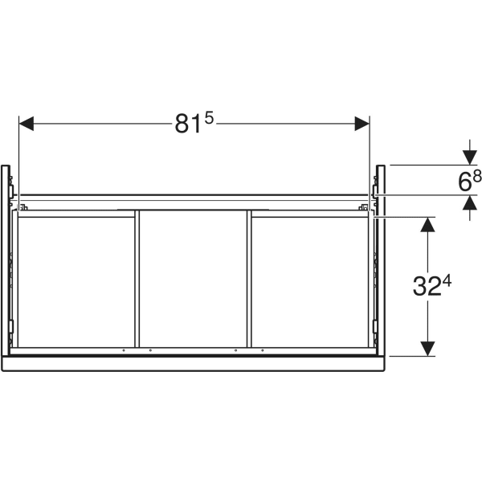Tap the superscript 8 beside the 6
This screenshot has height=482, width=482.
pyautogui.click(x=477, y=176)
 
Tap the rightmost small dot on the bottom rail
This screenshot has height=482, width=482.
pyautogui.click(x=261, y=351)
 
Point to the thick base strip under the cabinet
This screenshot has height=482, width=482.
pyautogui.click(x=193, y=363)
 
